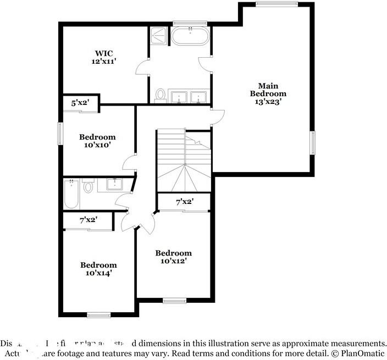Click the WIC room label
coord(103,54)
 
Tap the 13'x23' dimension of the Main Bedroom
coord(268,102)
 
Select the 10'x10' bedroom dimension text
coord(97,146)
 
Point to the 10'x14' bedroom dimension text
coord(99,273)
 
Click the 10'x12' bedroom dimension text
coord(174,261)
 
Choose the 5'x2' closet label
coord(80,102)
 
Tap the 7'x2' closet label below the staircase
coord(184,202)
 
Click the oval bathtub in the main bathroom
coord(190,37)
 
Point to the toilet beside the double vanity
coord(161,95)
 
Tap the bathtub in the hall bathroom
coord(71,194)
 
